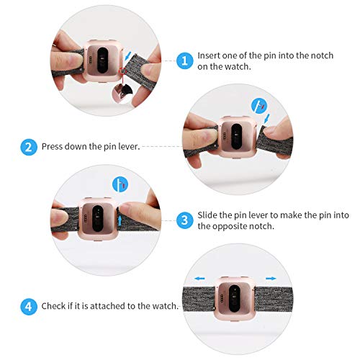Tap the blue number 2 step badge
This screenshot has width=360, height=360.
click(29, 147)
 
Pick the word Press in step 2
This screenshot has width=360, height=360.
click(53, 147)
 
